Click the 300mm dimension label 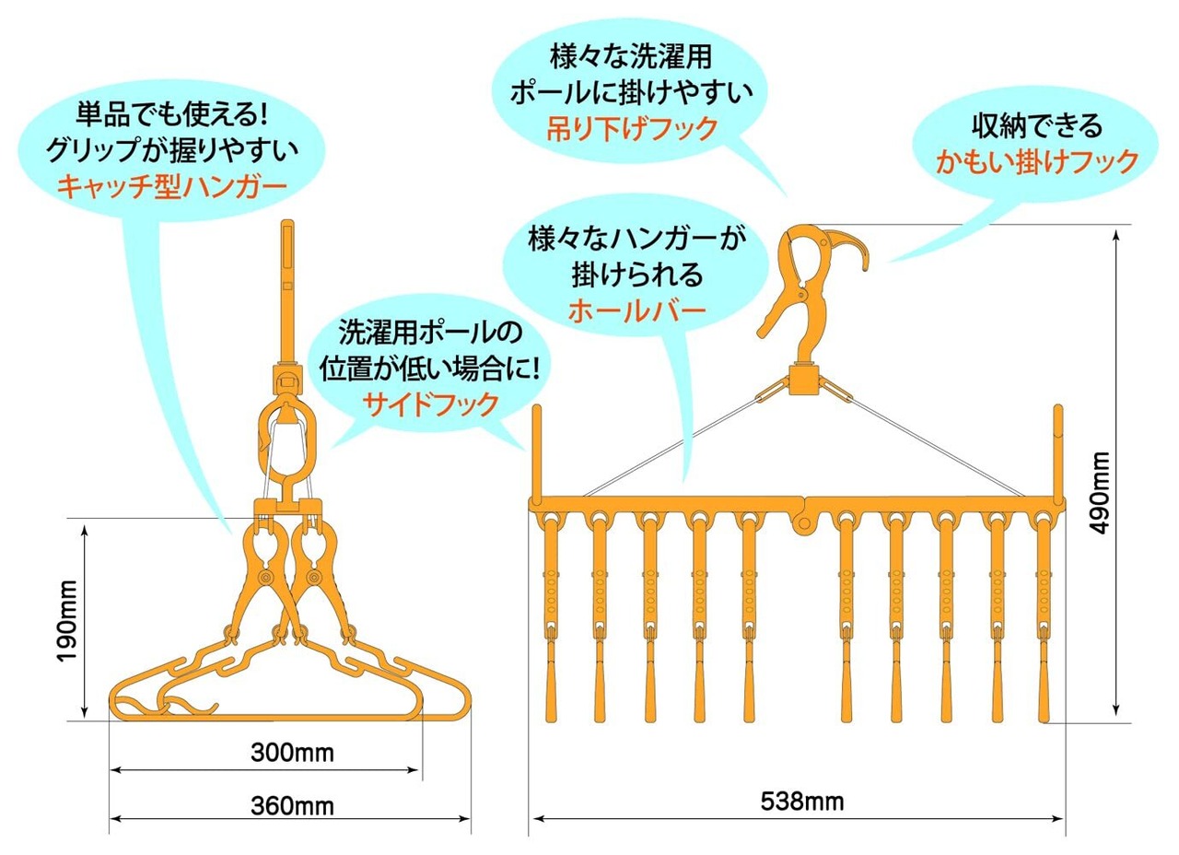click(x=291, y=754)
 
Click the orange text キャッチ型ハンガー click(x=172, y=187)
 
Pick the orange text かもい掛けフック click(x=1037, y=163)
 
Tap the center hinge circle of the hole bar click(x=803, y=524)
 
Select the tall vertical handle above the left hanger click(x=287, y=286)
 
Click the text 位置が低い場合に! click(x=429, y=367)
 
